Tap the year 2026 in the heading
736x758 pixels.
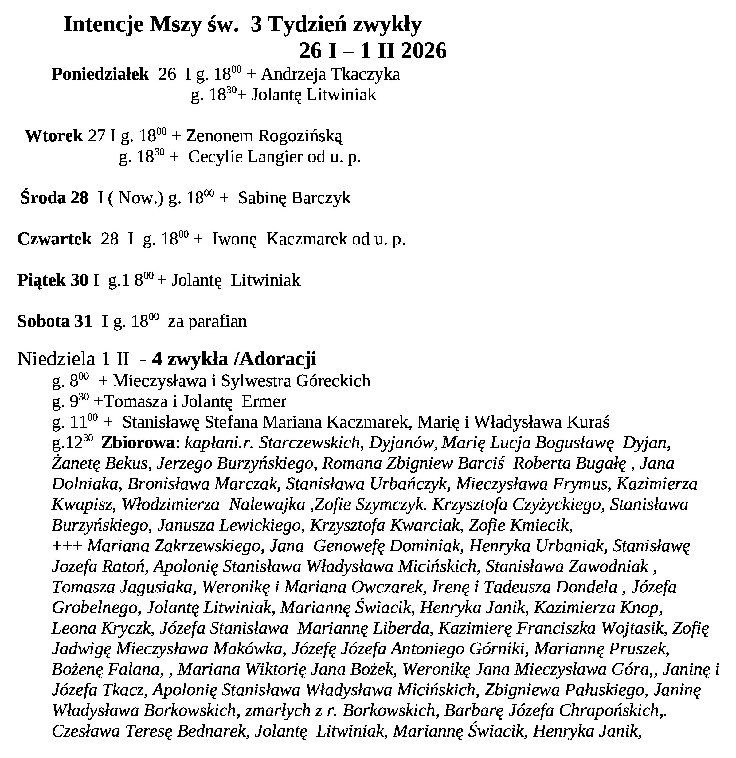[424, 51]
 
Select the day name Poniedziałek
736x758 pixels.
[100, 74]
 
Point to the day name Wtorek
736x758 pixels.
[54, 136]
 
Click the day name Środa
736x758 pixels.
[43, 197]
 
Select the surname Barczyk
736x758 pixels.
[321, 197]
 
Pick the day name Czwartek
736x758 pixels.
[55, 239]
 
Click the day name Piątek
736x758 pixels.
[42, 280]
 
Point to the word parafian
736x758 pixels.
[217, 321]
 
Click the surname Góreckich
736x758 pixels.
[333, 381]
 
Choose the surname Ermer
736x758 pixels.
[264, 401]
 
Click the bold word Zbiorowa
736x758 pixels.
[138, 443]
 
